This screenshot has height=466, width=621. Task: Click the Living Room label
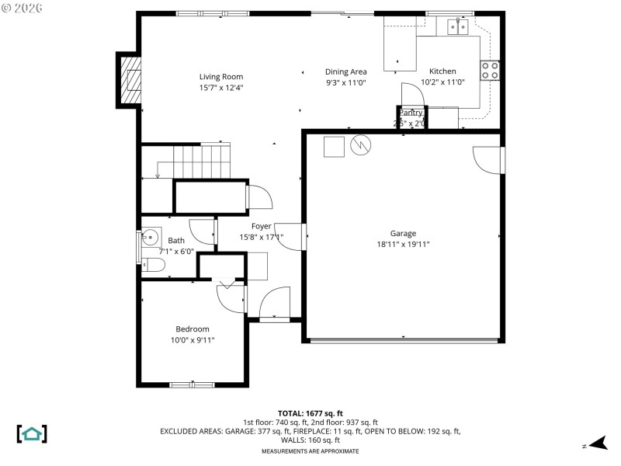(221, 77)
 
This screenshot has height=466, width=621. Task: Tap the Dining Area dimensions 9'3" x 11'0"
(345, 82)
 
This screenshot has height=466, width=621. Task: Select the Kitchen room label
(442, 71)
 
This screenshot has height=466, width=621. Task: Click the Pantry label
(411, 113)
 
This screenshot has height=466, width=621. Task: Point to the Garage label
(403, 233)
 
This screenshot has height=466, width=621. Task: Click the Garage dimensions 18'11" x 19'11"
(403, 244)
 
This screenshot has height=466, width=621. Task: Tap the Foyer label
(261, 227)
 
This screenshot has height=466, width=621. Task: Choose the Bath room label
(176, 241)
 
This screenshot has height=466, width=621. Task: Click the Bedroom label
(192, 329)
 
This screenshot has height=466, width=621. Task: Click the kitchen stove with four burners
(490, 71)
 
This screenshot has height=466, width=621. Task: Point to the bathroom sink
(150, 238)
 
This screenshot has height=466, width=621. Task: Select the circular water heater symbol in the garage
(361, 145)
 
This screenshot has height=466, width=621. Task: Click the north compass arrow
(596, 443)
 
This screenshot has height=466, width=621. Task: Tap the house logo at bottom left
(32, 433)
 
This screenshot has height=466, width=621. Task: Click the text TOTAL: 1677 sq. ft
(310, 413)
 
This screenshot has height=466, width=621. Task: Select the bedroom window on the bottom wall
(192, 384)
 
